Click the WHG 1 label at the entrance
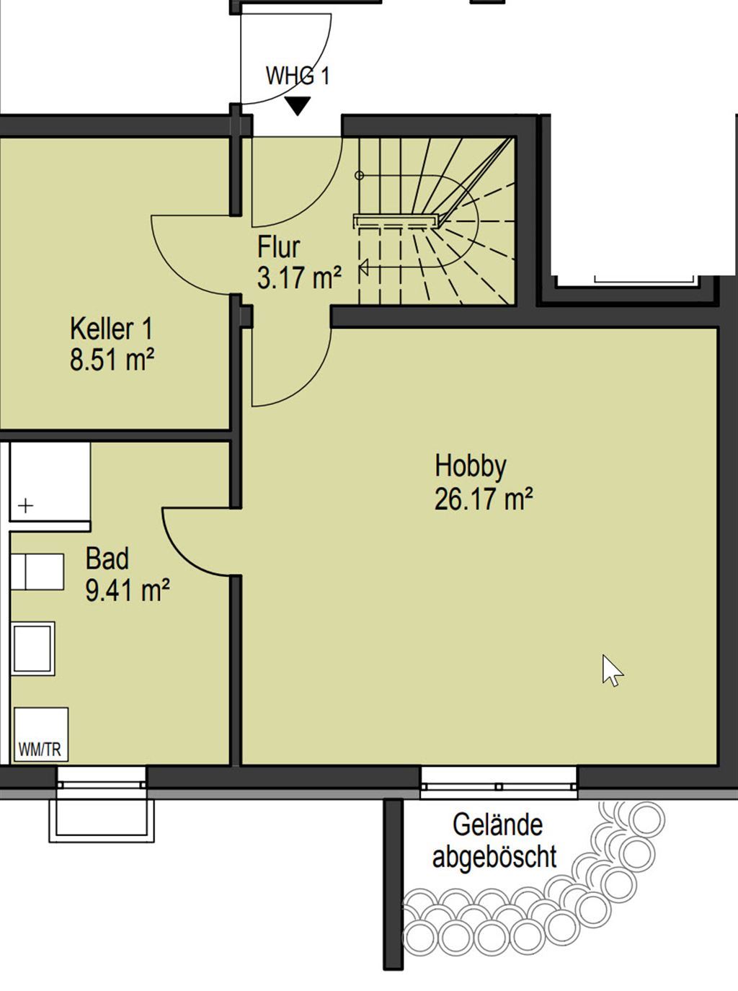coord(298,76)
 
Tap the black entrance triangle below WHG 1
coord(298,106)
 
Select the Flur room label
coord(278,247)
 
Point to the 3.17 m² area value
coord(299,278)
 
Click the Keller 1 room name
coord(111,329)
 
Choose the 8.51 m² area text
coord(112,360)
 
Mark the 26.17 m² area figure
coord(484,499)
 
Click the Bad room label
coord(107,559)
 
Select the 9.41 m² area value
coord(128,590)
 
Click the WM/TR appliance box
coord(41,734)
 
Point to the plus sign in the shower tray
coord(26,506)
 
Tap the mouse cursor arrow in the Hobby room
coord(612,670)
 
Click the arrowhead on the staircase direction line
coord(364,267)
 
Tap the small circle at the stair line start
coord(359,176)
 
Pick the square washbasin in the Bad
coord(32,649)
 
